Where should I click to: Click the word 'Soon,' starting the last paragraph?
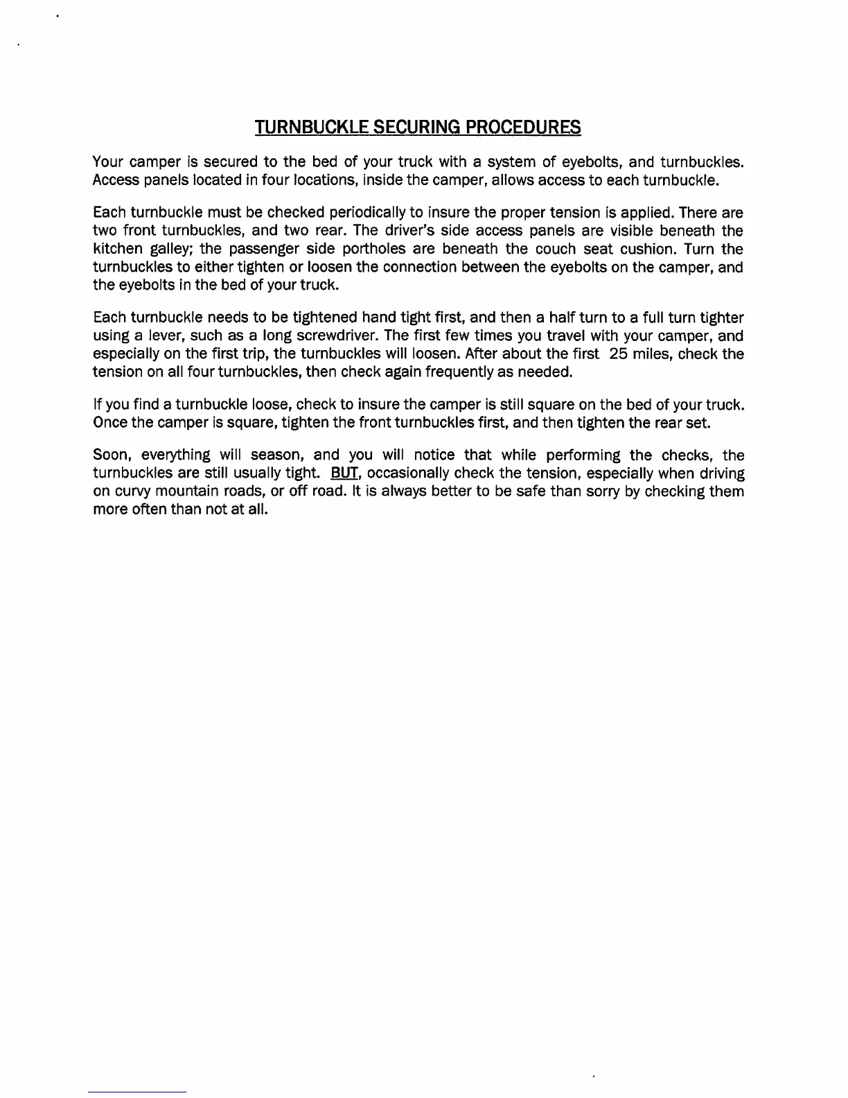pos(113,455)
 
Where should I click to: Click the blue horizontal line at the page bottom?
pos(137,1092)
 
